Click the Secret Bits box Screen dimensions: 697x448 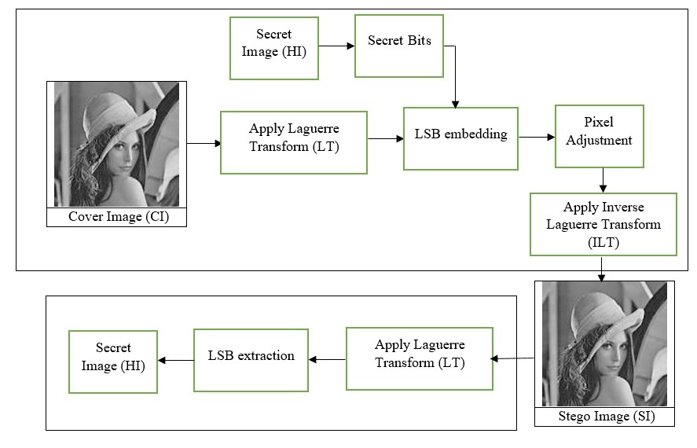click(x=399, y=46)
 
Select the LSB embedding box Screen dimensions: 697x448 click(x=461, y=138)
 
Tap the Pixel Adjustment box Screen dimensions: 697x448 click(x=600, y=137)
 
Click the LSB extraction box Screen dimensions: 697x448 click(x=251, y=361)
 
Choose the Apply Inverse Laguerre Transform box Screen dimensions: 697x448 click(x=603, y=225)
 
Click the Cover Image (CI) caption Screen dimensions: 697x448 click(x=119, y=216)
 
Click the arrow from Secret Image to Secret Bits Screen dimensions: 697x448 click(x=336, y=46)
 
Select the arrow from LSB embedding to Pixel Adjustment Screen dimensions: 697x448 click(x=537, y=137)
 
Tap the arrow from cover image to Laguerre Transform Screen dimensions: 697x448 click(x=204, y=143)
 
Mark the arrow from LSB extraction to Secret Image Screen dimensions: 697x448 click(x=175, y=360)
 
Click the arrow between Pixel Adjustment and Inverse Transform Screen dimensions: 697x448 click(x=603, y=180)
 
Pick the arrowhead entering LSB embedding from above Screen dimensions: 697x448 click(x=455, y=105)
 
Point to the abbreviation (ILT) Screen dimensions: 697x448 click(x=603, y=243)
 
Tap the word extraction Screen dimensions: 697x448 click(x=266, y=355)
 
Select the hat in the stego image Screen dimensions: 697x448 click(x=604, y=318)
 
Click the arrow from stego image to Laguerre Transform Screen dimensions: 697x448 click(x=512, y=358)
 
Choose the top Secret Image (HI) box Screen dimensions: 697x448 click(x=274, y=48)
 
